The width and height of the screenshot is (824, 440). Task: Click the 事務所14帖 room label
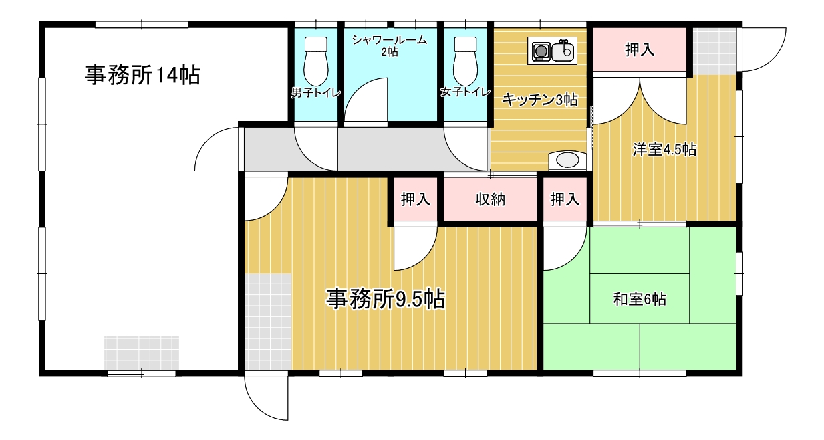[142, 75]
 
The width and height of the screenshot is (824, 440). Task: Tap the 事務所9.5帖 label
[386, 299]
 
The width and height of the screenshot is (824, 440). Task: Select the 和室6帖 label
[639, 299]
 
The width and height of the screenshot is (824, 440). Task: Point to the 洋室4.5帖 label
[664, 150]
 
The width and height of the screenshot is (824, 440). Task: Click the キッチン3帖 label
[539, 100]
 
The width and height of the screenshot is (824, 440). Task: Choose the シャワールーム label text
[390, 41]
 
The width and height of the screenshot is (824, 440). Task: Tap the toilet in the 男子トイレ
[315, 61]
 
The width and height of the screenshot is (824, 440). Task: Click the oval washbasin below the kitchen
[567, 160]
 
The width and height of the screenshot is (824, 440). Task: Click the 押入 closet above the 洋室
[640, 49]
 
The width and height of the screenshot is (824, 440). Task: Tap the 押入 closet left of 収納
[415, 199]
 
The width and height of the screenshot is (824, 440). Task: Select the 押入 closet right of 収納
[565, 199]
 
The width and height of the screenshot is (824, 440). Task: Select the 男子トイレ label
[316, 93]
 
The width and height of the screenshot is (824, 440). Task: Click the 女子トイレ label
[466, 93]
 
